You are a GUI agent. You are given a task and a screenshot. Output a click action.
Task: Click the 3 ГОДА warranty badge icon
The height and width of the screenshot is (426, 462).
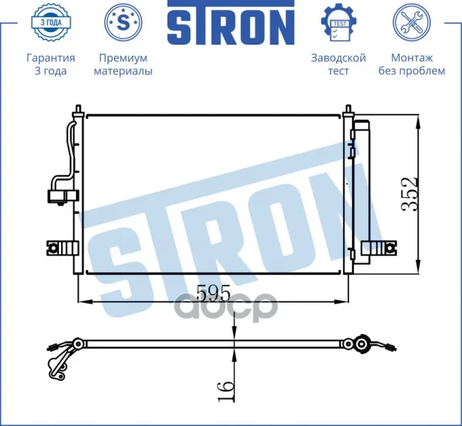tap(50, 22)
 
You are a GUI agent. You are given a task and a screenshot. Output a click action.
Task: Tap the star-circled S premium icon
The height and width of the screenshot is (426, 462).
tap(123, 22)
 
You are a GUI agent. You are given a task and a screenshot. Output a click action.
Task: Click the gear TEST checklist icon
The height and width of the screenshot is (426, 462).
tap(339, 22)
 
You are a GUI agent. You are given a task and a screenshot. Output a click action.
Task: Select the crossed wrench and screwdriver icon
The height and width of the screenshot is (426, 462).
tap(412, 22)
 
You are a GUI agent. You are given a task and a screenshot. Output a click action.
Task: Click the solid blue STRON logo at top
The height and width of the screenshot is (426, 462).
tap(231, 23)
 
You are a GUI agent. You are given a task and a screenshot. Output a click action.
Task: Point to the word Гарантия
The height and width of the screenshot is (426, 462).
tap(50, 58)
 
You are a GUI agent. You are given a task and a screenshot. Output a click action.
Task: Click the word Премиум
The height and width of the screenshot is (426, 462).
tap(123, 58)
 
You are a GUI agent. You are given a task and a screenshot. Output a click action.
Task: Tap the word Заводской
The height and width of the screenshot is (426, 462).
tap(339, 58)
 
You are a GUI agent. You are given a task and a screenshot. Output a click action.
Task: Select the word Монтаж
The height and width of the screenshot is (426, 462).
tap(412, 58)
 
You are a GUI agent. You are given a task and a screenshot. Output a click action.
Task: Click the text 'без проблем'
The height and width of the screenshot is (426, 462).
tap(412, 71)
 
